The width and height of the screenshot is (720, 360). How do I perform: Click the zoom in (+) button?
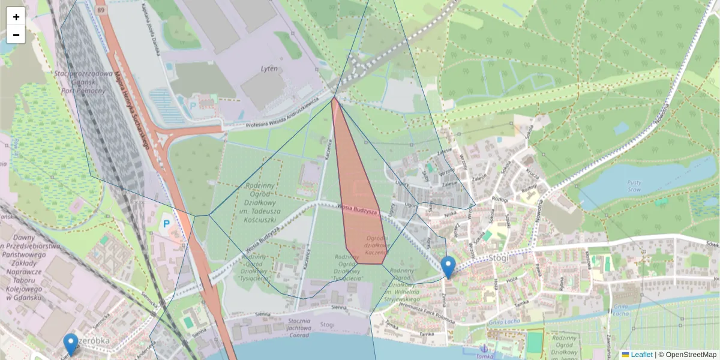pos(16,17)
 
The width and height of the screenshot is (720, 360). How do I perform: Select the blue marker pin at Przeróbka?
pos(71,344)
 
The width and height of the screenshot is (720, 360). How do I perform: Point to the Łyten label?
pos(269,68)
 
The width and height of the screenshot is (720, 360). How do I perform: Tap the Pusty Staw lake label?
pos(635,186)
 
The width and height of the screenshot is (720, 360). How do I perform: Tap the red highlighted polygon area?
pos(358,192)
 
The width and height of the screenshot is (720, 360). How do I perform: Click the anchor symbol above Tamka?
pos(484,349)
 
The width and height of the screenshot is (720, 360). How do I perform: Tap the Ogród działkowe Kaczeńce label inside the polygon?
pos(376,245)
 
